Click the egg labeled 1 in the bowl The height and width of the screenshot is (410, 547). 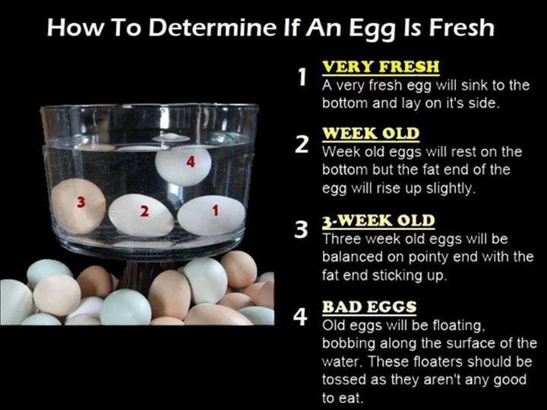[211, 216]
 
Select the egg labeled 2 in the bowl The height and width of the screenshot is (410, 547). [141, 215]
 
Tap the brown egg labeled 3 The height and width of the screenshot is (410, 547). [79, 204]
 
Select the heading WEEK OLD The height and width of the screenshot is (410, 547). [370, 134]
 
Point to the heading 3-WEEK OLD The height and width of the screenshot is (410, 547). [378, 221]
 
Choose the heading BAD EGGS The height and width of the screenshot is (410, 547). [369, 307]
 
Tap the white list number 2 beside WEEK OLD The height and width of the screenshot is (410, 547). [302, 144]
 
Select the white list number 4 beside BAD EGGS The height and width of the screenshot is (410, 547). [302, 317]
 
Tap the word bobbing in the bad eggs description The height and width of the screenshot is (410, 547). [349, 343]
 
